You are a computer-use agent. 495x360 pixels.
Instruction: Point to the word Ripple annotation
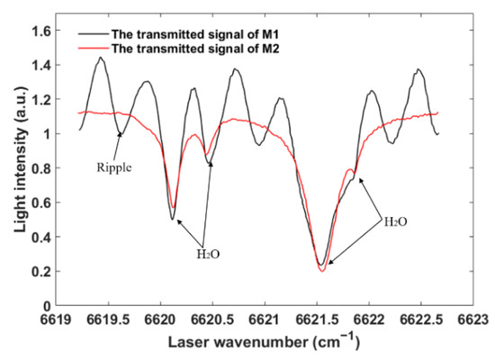112,166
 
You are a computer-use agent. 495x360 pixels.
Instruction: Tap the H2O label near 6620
208,255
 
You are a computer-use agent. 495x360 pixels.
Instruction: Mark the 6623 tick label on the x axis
471,319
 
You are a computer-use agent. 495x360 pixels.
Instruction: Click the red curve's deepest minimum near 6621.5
321,271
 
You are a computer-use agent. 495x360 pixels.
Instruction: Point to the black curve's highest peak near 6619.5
101,58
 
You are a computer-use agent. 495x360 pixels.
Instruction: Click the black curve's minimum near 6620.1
173,219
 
